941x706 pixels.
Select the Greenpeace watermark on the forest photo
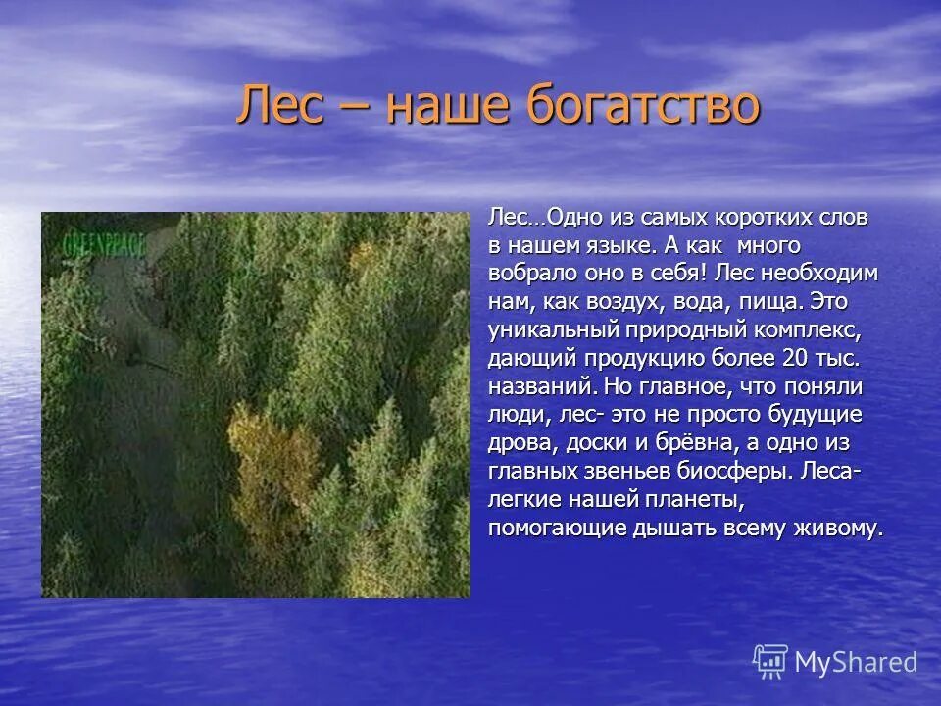pyautogui.click(x=104, y=244)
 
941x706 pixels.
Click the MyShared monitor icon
pyautogui.click(x=770, y=661)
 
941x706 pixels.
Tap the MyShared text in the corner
pyautogui.click(x=856, y=663)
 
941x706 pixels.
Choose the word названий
pyautogui.click(x=542, y=385)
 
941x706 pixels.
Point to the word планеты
pyautogui.click(x=691, y=499)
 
